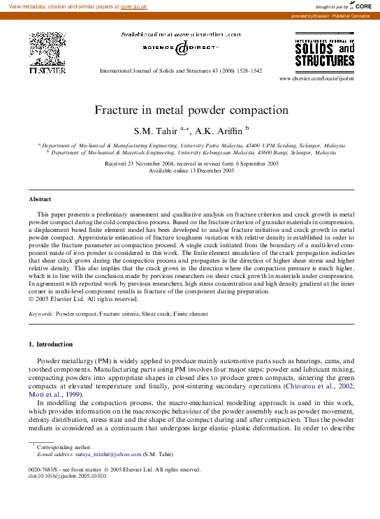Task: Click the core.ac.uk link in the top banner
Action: click(x=133, y=6)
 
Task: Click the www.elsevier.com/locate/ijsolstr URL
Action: click(x=316, y=79)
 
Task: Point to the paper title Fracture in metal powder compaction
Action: click(x=191, y=110)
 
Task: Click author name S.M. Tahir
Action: click(x=156, y=130)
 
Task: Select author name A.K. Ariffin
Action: click(x=219, y=130)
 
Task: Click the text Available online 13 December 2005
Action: click(x=191, y=170)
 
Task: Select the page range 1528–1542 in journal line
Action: click(x=247, y=71)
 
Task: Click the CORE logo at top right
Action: click(x=356, y=6)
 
